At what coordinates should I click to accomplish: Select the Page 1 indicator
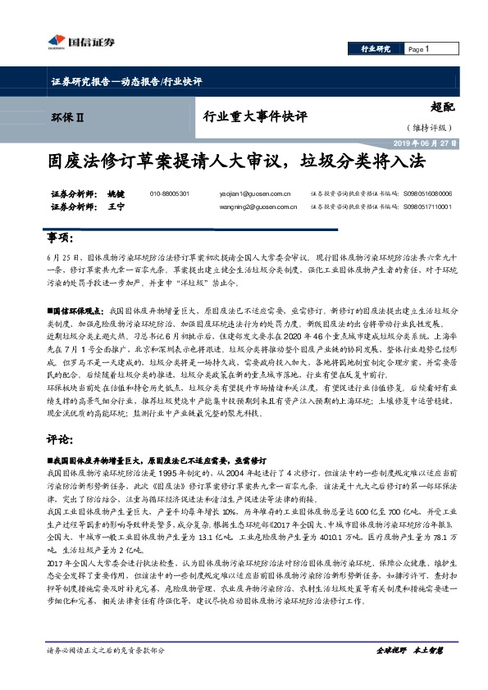419,50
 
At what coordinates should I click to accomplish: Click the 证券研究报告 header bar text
121,82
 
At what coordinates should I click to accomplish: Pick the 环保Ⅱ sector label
67,117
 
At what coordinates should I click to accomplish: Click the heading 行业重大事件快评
254,116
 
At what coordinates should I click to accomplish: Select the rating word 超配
441,106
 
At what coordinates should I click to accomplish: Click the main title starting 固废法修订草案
244,161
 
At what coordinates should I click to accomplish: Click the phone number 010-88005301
170,194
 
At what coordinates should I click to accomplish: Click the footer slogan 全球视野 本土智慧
408,651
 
